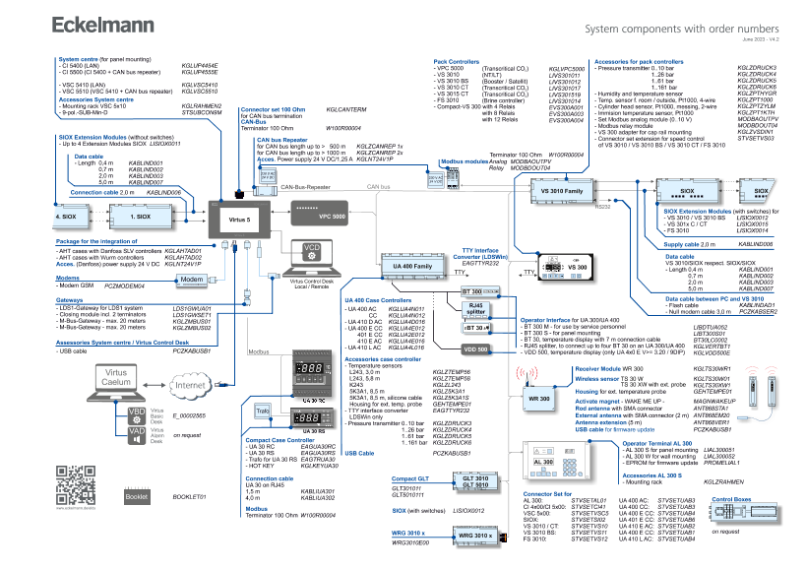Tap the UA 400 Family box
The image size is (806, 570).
[412, 267]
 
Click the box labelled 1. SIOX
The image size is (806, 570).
[141, 215]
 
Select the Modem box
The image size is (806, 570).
[192, 280]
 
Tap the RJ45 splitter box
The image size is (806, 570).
[475, 309]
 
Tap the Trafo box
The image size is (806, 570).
[263, 409]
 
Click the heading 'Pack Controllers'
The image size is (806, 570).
[457, 61]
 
